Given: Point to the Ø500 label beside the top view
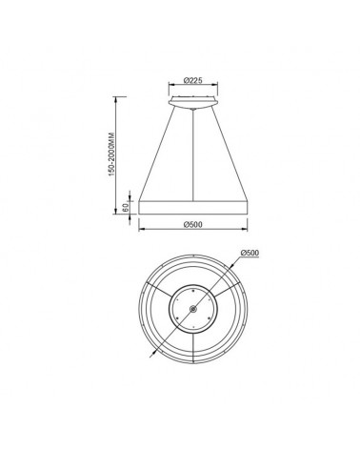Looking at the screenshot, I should tap(250, 253).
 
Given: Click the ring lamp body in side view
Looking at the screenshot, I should tap(193, 208).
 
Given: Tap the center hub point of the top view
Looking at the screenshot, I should tap(193, 311).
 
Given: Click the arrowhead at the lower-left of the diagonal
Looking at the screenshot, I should tap(150, 355).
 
